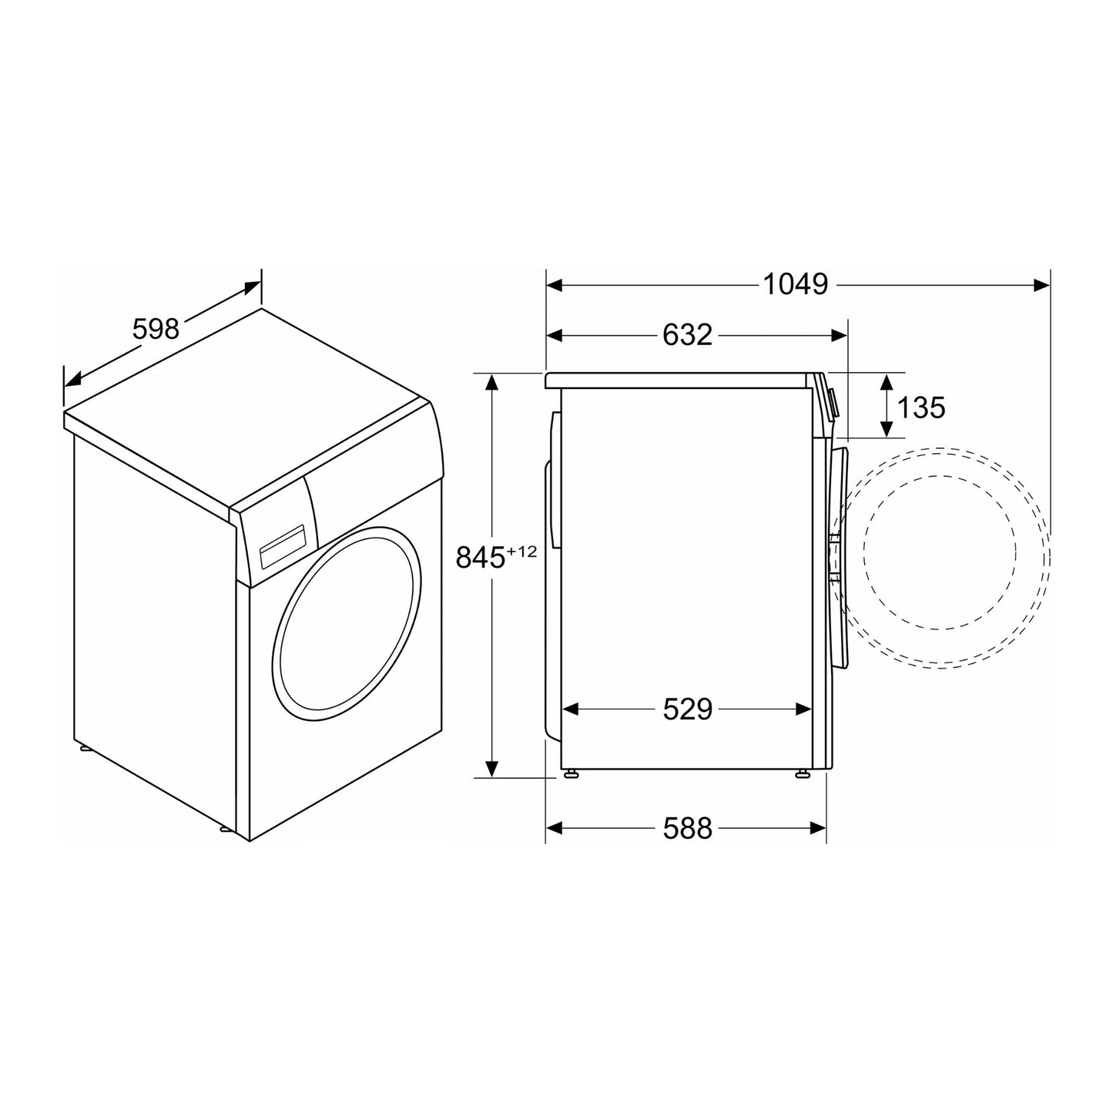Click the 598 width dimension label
coord(156,329)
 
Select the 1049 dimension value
coord(795,285)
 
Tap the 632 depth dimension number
coord(687,335)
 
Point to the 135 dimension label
coord(921,407)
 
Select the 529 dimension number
coord(687,709)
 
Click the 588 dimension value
coord(687,828)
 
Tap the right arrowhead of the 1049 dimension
coord(1041,285)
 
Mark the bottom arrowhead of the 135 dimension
coord(887,430)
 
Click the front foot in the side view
coord(803,775)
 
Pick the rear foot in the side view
coord(572,775)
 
